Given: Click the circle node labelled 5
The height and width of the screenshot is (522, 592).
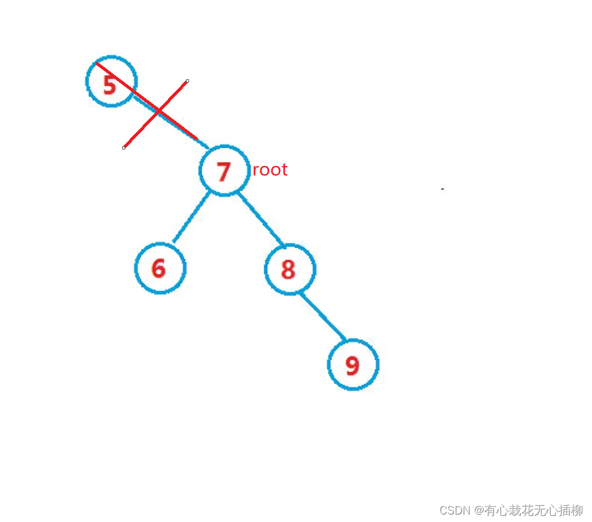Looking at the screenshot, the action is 111,82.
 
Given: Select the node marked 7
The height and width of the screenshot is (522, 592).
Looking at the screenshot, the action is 224,170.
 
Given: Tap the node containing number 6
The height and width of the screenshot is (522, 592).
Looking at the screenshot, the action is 160,268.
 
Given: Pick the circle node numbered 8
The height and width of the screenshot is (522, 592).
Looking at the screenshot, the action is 289,270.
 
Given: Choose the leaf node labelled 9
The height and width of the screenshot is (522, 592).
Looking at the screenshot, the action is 353,365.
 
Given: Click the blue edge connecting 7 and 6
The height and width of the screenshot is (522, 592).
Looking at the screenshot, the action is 191,218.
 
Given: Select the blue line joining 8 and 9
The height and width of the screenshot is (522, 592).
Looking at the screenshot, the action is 322,316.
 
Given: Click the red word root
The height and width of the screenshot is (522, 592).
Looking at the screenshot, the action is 270,170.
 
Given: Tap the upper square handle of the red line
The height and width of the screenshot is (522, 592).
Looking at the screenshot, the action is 187,81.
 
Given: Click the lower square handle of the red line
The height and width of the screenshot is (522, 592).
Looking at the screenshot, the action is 124,148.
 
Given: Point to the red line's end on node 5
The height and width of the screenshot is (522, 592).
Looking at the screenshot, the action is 97,63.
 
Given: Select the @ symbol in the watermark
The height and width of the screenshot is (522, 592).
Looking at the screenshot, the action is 479,511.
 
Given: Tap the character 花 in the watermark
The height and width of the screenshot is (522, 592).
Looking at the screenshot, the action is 527,511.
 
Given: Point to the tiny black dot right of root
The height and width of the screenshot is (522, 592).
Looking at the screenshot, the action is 442,188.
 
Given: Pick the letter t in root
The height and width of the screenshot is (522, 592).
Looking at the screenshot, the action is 285,170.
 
